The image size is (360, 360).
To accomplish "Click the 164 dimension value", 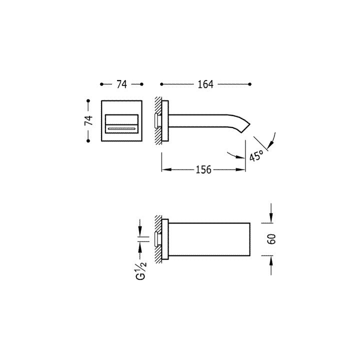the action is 205,84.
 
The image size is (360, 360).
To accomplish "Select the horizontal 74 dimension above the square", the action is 121,84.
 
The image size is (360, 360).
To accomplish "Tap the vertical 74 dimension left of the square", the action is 88,121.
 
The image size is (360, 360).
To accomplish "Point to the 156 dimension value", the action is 203,169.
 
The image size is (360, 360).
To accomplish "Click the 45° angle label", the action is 256,155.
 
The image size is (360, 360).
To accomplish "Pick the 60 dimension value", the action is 271,239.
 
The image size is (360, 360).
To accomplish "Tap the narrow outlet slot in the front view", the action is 121,129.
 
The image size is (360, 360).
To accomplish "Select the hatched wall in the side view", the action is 158,121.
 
